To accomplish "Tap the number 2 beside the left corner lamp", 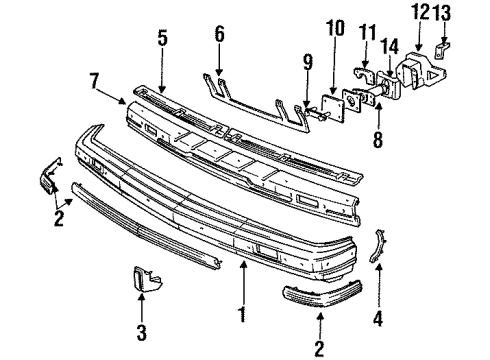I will click(x=60, y=214).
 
